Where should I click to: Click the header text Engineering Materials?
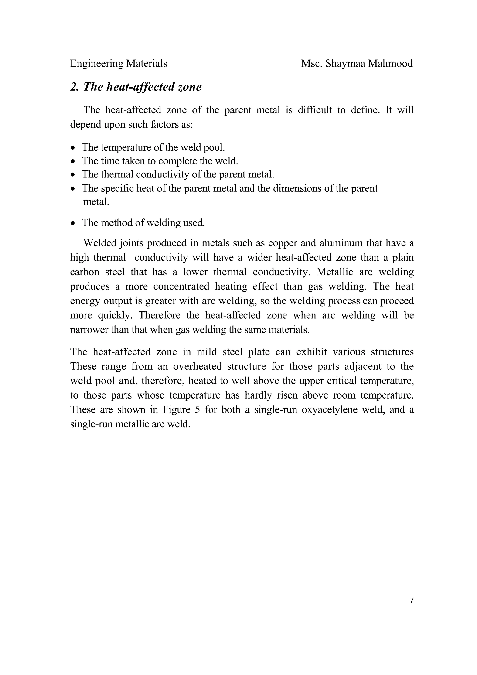pos(119,64)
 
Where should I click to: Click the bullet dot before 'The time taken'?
pos(73,161)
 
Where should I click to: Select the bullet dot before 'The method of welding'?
pos(73,223)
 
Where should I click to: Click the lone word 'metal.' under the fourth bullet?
pos(96,202)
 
